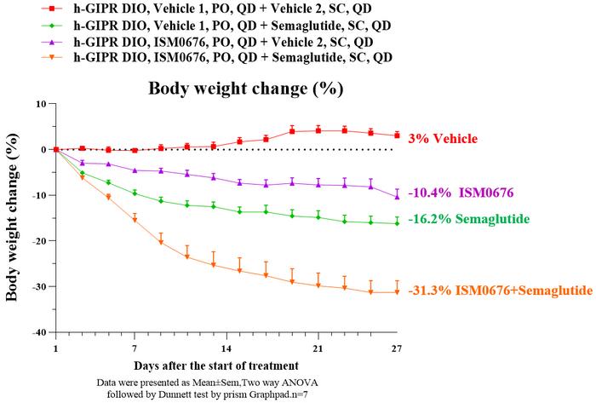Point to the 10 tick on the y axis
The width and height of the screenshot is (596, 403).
39,104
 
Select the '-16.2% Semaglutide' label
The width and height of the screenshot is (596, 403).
467,220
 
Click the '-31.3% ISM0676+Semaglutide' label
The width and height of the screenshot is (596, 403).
500,291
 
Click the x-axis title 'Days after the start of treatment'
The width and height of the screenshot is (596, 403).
226,366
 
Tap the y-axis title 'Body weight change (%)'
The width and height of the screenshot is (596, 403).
13,217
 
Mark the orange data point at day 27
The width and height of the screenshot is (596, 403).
397,292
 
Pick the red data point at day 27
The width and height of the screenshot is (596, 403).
397,135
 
